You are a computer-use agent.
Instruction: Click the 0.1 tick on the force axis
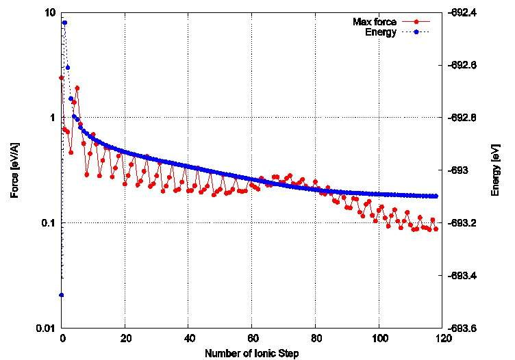pos(48,223)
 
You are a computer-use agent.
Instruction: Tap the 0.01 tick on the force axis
pos(46,329)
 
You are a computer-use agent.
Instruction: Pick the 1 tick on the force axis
pos(53,118)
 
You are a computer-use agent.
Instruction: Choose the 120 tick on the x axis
pos(442,338)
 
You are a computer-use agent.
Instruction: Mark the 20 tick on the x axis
pos(125,338)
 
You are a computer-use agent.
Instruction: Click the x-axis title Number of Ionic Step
pos(251,352)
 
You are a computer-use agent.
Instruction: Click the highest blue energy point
pos(64,23)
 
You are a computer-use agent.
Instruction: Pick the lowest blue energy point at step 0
pos(62,295)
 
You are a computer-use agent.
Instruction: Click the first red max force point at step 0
pos(62,78)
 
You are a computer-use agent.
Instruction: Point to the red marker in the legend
pos(417,22)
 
